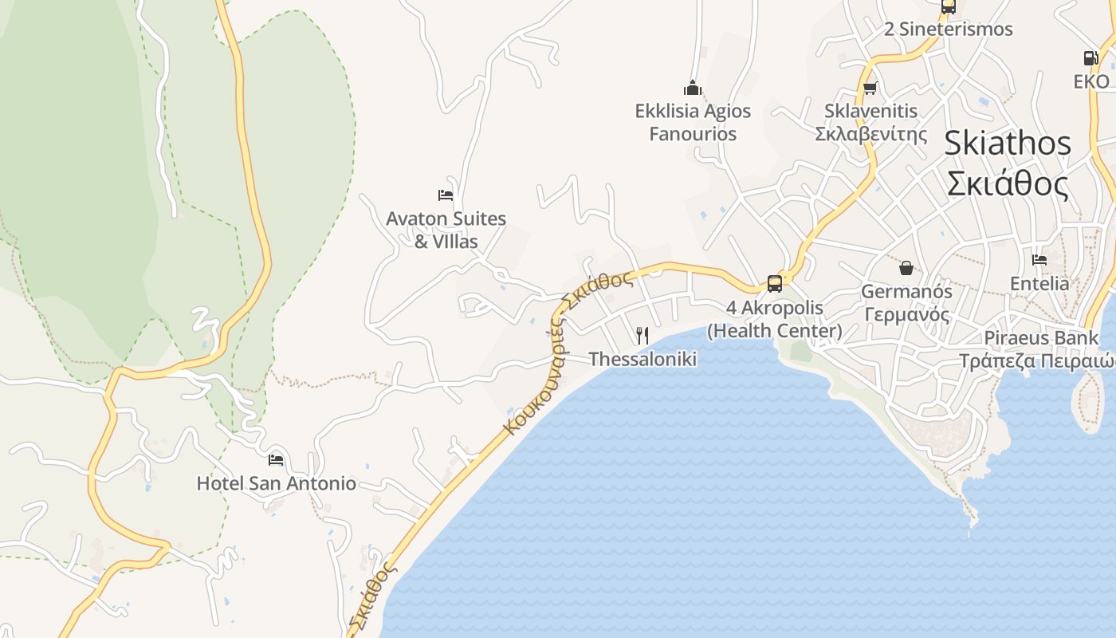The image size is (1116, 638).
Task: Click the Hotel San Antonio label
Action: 276,483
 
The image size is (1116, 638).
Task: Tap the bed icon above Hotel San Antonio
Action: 276,459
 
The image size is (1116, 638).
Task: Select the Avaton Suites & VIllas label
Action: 446,230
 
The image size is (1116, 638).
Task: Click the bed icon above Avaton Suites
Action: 446,195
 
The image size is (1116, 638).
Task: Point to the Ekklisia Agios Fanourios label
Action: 693,122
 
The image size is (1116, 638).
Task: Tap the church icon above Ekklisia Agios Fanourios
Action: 693,87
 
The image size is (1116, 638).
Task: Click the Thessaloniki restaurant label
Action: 642,359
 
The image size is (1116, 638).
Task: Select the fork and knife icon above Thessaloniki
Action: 642,335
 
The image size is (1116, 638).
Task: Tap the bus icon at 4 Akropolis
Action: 774,283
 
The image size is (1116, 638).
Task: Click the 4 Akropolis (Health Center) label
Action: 774,319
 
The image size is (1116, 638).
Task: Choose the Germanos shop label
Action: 906,303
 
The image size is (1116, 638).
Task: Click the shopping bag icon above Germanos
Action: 906,267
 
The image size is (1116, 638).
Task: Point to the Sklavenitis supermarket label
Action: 871,122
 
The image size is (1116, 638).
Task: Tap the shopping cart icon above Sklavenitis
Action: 870,88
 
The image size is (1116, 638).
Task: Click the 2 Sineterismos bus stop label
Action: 948,30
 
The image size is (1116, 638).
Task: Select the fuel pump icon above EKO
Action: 1090,57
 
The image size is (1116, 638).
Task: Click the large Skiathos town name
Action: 1008,163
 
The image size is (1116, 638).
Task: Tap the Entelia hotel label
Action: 1039,283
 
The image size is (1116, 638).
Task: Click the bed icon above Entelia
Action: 1039,259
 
